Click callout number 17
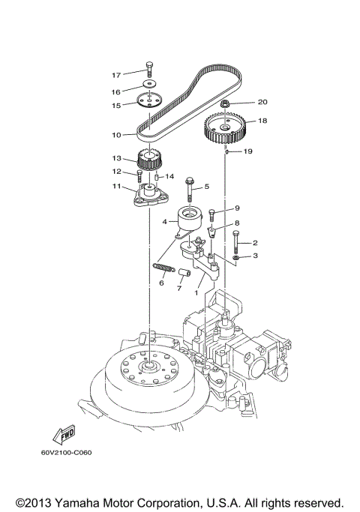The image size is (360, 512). point(116,75)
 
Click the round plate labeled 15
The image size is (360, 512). point(151,102)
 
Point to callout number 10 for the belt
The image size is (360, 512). point(116,136)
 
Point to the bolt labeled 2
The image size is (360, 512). point(236,241)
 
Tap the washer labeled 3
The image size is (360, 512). point(235,257)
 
